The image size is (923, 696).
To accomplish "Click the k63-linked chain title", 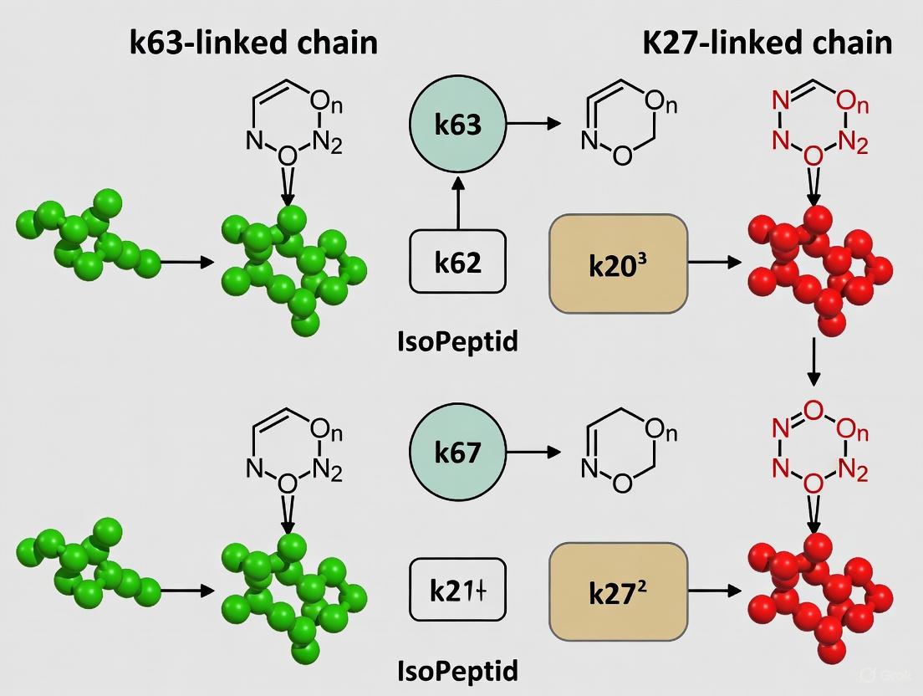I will click(254, 43).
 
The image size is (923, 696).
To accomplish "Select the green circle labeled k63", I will click(458, 125).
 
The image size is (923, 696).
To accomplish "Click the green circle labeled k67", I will click(458, 453).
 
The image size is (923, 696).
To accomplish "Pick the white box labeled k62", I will click(458, 263).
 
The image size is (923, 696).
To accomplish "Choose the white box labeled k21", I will click(458, 590).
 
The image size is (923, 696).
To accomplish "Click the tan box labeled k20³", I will click(618, 263).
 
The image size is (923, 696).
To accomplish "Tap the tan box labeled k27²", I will click(618, 590).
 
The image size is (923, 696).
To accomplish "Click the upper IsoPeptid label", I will click(458, 342).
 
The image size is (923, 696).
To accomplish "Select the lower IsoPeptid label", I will click(458, 670).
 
